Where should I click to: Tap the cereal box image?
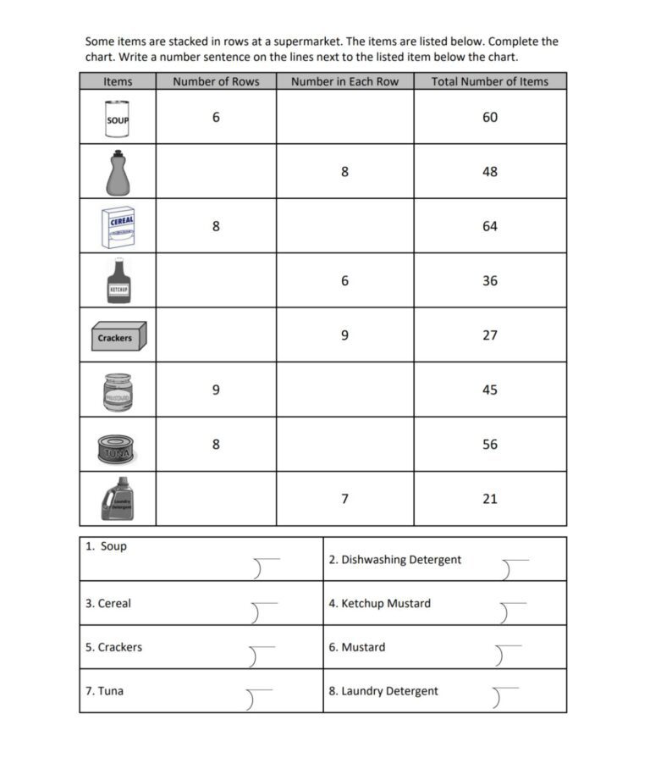click(x=118, y=226)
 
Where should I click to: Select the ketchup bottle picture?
click(x=118, y=281)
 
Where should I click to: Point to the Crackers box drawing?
click(x=118, y=336)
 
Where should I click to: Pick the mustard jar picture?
click(x=117, y=390)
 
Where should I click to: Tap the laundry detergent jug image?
click(x=117, y=500)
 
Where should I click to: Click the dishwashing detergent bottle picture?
click(x=118, y=172)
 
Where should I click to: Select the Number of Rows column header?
click(x=216, y=81)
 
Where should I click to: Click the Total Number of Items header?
click(x=489, y=81)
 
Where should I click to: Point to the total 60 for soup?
click(x=490, y=117)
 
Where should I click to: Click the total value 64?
click(x=490, y=226)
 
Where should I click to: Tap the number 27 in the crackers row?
click(x=490, y=335)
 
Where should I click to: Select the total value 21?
click(x=490, y=499)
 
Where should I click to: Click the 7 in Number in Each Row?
click(x=344, y=499)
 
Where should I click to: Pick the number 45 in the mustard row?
click(x=490, y=390)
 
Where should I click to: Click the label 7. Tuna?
click(x=105, y=691)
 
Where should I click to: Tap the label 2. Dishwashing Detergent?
click(x=395, y=560)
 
